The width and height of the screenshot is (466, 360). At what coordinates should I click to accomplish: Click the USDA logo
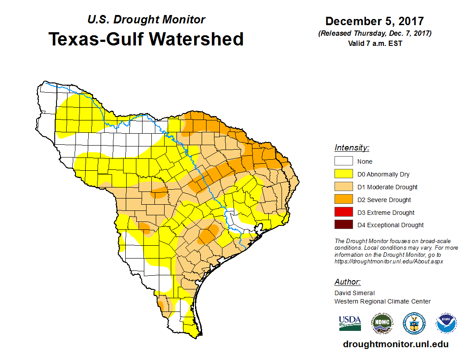(x=350, y=323)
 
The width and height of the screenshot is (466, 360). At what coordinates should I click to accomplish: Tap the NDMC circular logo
(x=382, y=323)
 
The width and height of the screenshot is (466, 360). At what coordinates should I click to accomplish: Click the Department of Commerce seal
(x=414, y=323)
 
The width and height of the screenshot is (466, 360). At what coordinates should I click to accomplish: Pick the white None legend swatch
(x=343, y=161)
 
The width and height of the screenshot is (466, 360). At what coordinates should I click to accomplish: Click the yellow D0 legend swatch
(x=343, y=174)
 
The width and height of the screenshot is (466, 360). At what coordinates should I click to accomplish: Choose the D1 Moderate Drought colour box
(x=343, y=187)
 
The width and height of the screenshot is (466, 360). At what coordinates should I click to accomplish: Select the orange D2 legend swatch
(x=343, y=200)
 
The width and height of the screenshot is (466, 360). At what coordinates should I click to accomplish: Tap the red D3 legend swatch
(x=343, y=212)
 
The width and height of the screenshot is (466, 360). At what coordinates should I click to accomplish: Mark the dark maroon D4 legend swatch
(x=343, y=225)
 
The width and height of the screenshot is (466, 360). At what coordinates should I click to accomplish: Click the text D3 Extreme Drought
(x=386, y=213)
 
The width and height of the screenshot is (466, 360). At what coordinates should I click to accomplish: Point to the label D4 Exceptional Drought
(x=391, y=225)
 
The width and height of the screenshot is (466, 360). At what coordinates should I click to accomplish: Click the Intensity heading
(x=352, y=148)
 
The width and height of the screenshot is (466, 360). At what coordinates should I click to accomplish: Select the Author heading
(x=347, y=282)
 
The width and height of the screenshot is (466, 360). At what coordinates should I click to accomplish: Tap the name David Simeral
(x=354, y=293)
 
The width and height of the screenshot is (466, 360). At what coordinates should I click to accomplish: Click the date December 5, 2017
(x=374, y=22)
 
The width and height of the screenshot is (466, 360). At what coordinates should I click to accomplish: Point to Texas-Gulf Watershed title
(x=146, y=39)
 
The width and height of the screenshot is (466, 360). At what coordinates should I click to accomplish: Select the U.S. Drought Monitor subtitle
(x=146, y=20)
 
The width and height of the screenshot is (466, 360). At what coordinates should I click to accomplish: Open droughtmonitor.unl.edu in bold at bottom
(x=395, y=345)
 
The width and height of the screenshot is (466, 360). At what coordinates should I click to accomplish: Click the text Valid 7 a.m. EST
(x=374, y=43)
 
